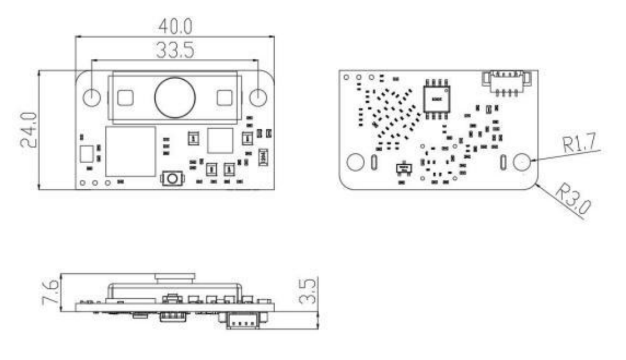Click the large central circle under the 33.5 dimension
click(x=174, y=97)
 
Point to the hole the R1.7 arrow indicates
click(x=522, y=163)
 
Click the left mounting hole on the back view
click(x=355, y=163)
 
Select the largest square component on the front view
click(x=131, y=151)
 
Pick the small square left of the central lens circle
click(x=125, y=98)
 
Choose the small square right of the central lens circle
click(x=224, y=98)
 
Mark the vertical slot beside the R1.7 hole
click(x=503, y=163)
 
